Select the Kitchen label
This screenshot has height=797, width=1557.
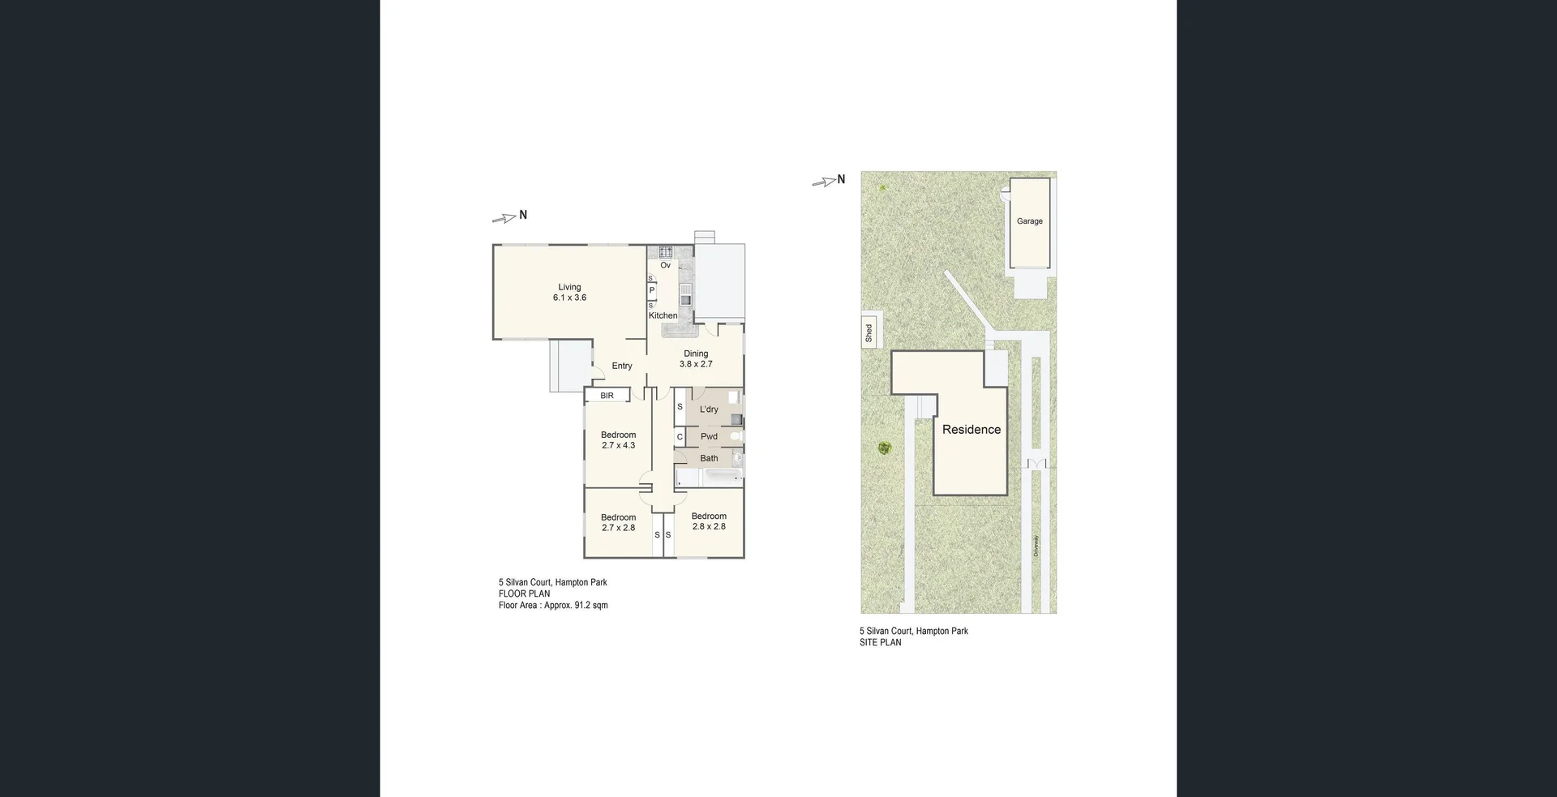coord(663,315)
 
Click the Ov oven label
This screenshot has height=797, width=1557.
coord(665,265)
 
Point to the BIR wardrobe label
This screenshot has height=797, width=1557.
coord(607,396)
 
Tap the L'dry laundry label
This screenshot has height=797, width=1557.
coord(709,409)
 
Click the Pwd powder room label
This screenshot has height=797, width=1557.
coord(709,436)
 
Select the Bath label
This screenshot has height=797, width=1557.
coord(709,458)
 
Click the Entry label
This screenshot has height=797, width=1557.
coord(622,366)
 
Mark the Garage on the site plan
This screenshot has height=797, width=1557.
coord(1030,221)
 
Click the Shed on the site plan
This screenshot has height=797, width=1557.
coord(869,332)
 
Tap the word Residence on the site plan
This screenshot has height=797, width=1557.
coord(971,430)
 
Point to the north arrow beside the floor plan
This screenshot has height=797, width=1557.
coord(506,217)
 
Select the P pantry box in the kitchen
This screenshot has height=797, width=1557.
coord(651,290)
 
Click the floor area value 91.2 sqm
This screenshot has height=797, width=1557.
coord(590,605)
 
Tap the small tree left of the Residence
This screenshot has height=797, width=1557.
coord(884,448)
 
